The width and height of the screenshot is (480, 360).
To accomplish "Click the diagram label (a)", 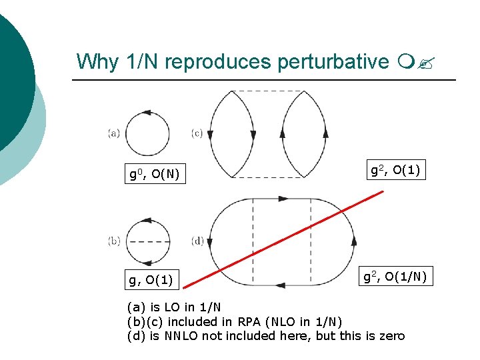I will pos(114,133).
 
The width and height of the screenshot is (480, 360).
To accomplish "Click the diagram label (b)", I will pos(114,241).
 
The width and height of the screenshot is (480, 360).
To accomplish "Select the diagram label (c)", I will pos(197,133).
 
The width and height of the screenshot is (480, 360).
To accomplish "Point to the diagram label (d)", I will pos(197,241).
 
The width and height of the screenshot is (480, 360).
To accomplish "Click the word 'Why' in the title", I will pos(98,61).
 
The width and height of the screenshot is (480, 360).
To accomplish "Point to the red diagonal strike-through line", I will pos(283,239).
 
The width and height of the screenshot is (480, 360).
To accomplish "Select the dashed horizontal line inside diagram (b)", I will pos(147,241).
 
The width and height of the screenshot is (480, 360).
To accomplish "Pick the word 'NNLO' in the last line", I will pos(178,336).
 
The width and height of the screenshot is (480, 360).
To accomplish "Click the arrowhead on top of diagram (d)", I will pos(283,199).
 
